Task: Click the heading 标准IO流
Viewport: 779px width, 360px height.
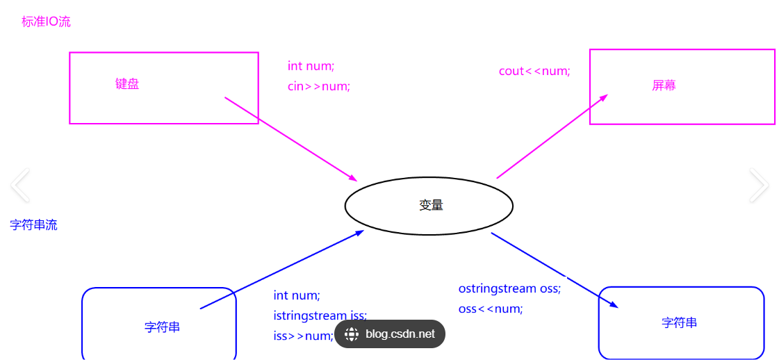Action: pos(46,22)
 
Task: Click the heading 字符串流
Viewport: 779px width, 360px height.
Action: pos(33,225)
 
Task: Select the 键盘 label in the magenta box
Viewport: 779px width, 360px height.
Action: pos(127,84)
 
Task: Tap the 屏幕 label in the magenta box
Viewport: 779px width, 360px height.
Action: pos(664,85)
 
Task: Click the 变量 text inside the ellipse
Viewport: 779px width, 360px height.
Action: pos(431,205)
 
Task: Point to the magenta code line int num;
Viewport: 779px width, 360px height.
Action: pos(311,66)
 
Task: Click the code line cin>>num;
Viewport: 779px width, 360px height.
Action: pos(318,86)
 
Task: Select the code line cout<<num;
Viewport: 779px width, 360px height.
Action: pos(534,71)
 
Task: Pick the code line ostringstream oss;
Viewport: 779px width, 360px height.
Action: pos(509,288)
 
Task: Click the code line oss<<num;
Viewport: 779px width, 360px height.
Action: pos(490,309)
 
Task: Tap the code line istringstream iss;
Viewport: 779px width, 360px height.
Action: pos(320,316)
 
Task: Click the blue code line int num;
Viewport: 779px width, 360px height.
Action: pos(297,295)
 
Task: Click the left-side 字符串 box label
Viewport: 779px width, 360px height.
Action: pos(162,327)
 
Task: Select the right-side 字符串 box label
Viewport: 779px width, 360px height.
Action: pos(679,322)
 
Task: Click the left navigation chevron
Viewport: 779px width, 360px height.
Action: pos(20,185)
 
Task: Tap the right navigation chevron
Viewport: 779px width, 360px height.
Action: pos(759,185)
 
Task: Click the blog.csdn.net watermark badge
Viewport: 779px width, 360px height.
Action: pos(390,334)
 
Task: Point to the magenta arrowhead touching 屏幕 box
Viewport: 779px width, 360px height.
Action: pos(603,97)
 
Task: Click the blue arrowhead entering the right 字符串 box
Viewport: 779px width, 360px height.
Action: pos(612,304)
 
